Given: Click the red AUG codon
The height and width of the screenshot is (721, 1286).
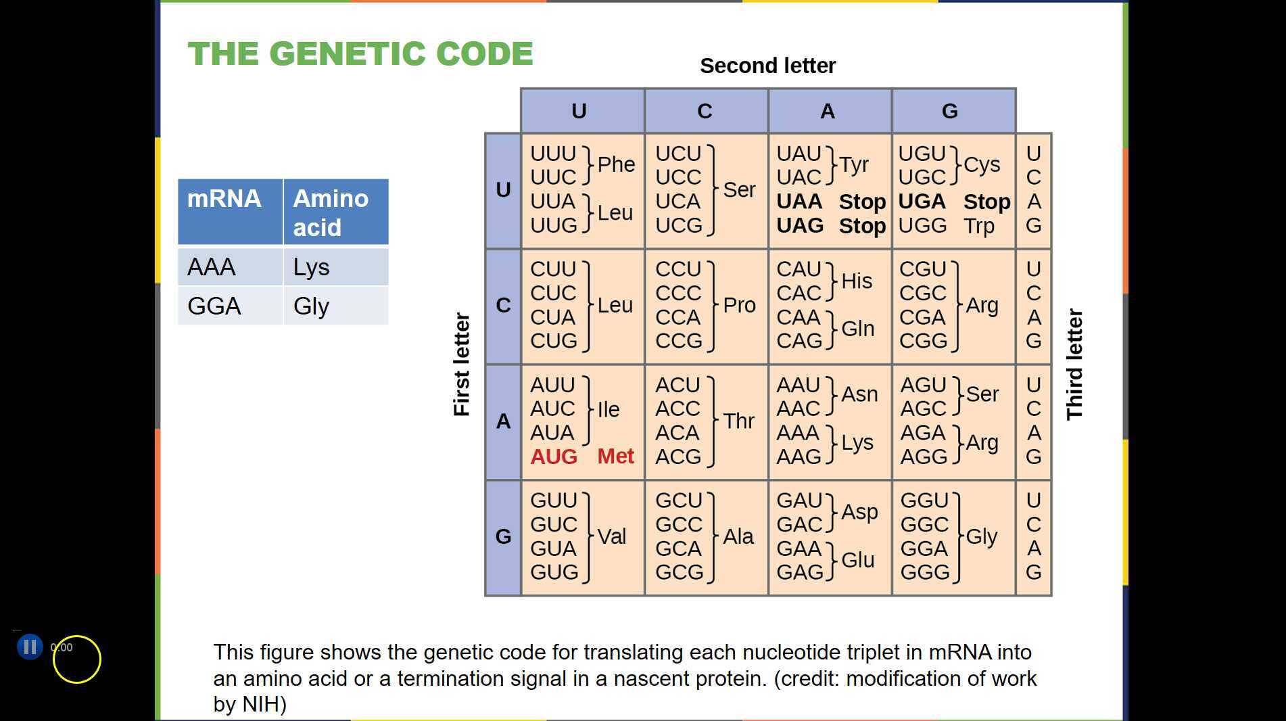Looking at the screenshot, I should (553, 457).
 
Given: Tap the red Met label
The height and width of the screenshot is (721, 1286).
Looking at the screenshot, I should (615, 457).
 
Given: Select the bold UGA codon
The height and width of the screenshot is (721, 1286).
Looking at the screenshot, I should (922, 202).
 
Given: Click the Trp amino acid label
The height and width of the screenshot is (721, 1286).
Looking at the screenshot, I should (979, 226).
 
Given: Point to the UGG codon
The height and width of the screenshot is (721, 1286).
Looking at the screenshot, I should (922, 226).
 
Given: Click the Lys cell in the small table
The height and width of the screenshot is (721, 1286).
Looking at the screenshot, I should (311, 267).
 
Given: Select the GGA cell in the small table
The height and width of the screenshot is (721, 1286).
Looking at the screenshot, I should (214, 306).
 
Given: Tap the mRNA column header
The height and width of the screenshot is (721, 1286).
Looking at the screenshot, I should (224, 199).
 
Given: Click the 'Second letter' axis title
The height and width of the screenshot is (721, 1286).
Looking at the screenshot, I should (767, 66).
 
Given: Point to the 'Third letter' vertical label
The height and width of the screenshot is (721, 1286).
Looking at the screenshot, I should (1074, 365).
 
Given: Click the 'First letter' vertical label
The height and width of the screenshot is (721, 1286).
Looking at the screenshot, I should (461, 365).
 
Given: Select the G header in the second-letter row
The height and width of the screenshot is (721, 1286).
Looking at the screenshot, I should (950, 111).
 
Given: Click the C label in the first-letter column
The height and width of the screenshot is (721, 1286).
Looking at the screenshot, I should (503, 306).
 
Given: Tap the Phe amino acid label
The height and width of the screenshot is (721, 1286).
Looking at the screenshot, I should (616, 164).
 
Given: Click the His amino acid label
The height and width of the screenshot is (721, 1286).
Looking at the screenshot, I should (857, 281).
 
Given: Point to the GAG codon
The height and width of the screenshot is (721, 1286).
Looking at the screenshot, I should (799, 572).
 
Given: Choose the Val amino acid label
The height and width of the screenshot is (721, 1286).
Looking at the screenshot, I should (612, 536).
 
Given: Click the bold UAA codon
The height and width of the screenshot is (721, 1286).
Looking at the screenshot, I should (799, 202).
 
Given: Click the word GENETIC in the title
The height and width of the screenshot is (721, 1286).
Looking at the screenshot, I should (348, 54).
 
